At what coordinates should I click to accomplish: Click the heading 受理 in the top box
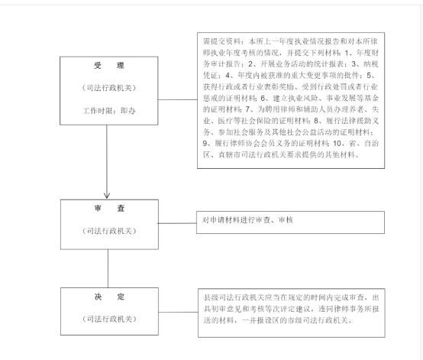coord(109,66)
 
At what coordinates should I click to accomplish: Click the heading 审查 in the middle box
coord(109,208)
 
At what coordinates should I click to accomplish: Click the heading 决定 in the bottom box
coord(109,297)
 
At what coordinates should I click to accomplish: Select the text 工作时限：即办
coord(109,111)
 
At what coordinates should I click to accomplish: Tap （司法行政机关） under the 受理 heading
coord(109,88)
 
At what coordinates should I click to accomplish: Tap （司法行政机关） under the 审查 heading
coord(109,231)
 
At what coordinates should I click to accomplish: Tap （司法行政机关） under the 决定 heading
coord(109,319)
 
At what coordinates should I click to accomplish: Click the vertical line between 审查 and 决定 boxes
coord(108,268)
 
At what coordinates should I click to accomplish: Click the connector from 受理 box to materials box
coord(177,99)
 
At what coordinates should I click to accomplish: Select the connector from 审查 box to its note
coord(177,223)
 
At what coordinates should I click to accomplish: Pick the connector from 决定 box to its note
coord(179,312)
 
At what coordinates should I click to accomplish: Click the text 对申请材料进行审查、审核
coord(247,220)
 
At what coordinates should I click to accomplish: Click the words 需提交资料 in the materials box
coord(222,41)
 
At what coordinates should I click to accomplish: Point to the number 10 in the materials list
coord(337,143)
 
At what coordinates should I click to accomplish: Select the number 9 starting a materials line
coord(205,143)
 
